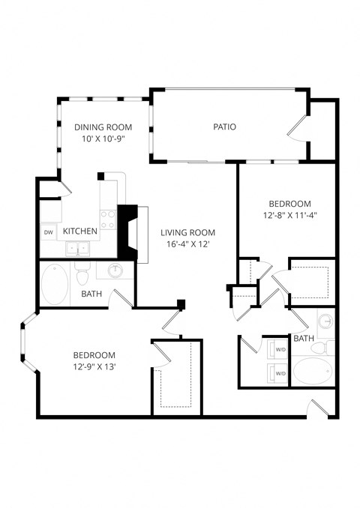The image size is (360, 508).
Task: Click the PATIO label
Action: click(x=224, y=127)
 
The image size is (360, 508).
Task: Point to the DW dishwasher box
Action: click(x=48, y=232)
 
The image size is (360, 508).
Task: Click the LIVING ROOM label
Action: click(x=187, y=232)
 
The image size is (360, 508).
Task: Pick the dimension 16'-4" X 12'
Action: click(x=187, y=244)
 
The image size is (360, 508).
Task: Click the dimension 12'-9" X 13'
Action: click(x=94, y=366)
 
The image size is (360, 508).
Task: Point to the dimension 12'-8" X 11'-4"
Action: click(x=289, y=216)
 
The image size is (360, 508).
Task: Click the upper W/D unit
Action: click(x=280, y=349)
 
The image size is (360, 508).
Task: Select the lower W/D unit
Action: click(x=280, y=372)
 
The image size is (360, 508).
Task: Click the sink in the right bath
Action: click(x=325, y=322)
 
